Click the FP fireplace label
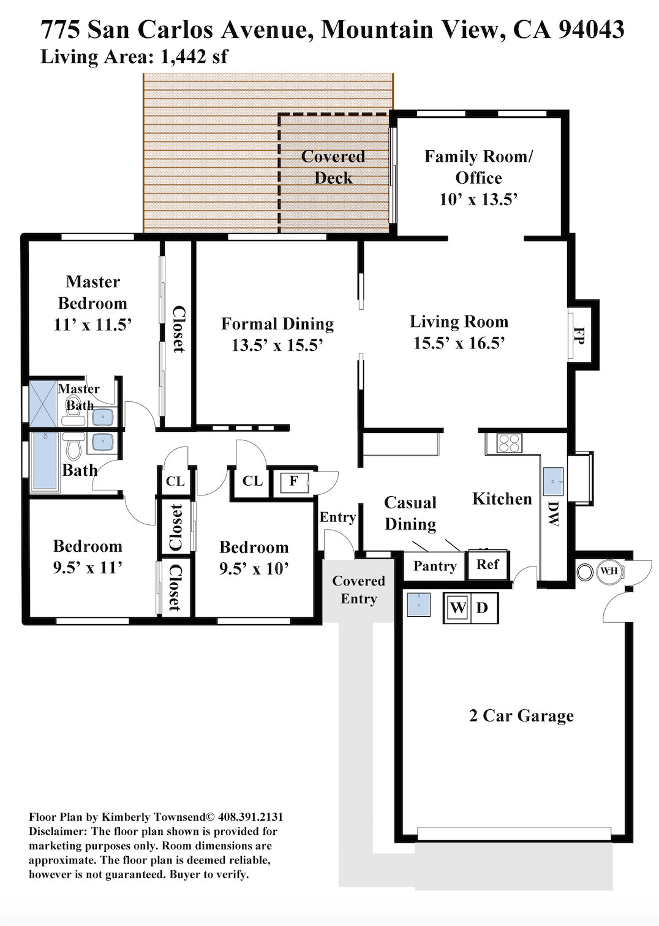pos(579,336)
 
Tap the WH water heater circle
pos(608,571)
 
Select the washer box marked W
pos(457,608)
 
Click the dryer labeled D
pos(483,608)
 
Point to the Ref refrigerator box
pos(488,565)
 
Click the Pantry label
pos(435,565)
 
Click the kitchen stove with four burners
pos(509,443)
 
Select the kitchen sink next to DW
pos(553,481)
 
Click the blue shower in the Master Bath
pos(42,404)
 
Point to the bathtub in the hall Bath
pos(45,461)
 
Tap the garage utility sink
pos(419,605)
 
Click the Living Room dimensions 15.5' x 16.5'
pos(459,343)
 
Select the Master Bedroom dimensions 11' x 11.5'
pos(92,325)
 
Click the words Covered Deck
pos(333,167)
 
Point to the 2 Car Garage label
pos(521,715)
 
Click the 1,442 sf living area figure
pos(194,56)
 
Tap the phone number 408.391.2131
pos(250,817)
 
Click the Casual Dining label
pos(410,513)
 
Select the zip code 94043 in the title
pos(592,29)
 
